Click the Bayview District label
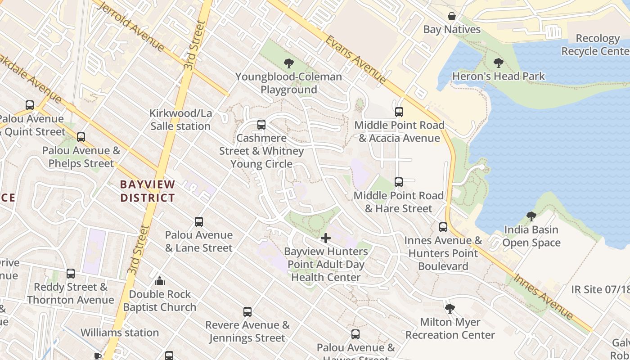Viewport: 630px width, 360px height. [x=148, y=191]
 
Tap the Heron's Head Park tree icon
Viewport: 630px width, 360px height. [x=498, y=63]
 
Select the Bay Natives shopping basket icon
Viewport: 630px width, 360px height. [x=452, y=17]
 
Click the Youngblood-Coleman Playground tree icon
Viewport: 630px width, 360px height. [x=289, y=63]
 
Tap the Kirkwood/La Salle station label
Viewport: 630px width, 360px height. [x=180, y=120]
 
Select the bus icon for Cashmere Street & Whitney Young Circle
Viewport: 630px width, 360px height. [x=261, y=125]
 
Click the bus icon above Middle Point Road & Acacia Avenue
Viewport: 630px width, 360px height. [x=399, y=112]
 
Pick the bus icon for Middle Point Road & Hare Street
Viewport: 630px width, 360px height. [x=399, y=182]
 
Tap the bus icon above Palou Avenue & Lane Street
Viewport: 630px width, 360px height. [x=199, y=222]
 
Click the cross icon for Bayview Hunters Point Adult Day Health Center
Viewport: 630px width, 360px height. [x=326, y=238]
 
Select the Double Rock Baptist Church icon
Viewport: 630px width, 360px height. [x=160, y=281]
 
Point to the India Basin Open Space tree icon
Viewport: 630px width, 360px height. [x=531, y=216]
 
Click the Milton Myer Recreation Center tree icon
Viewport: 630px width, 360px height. [x=450, y=309]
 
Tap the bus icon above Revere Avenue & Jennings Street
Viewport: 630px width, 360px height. [x=247, y=312]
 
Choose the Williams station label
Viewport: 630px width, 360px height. [x=120, y=333]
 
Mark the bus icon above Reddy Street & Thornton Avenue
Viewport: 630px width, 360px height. [x=71, y=274]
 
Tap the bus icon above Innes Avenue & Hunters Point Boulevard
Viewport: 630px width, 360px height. [x=443, y=227]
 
